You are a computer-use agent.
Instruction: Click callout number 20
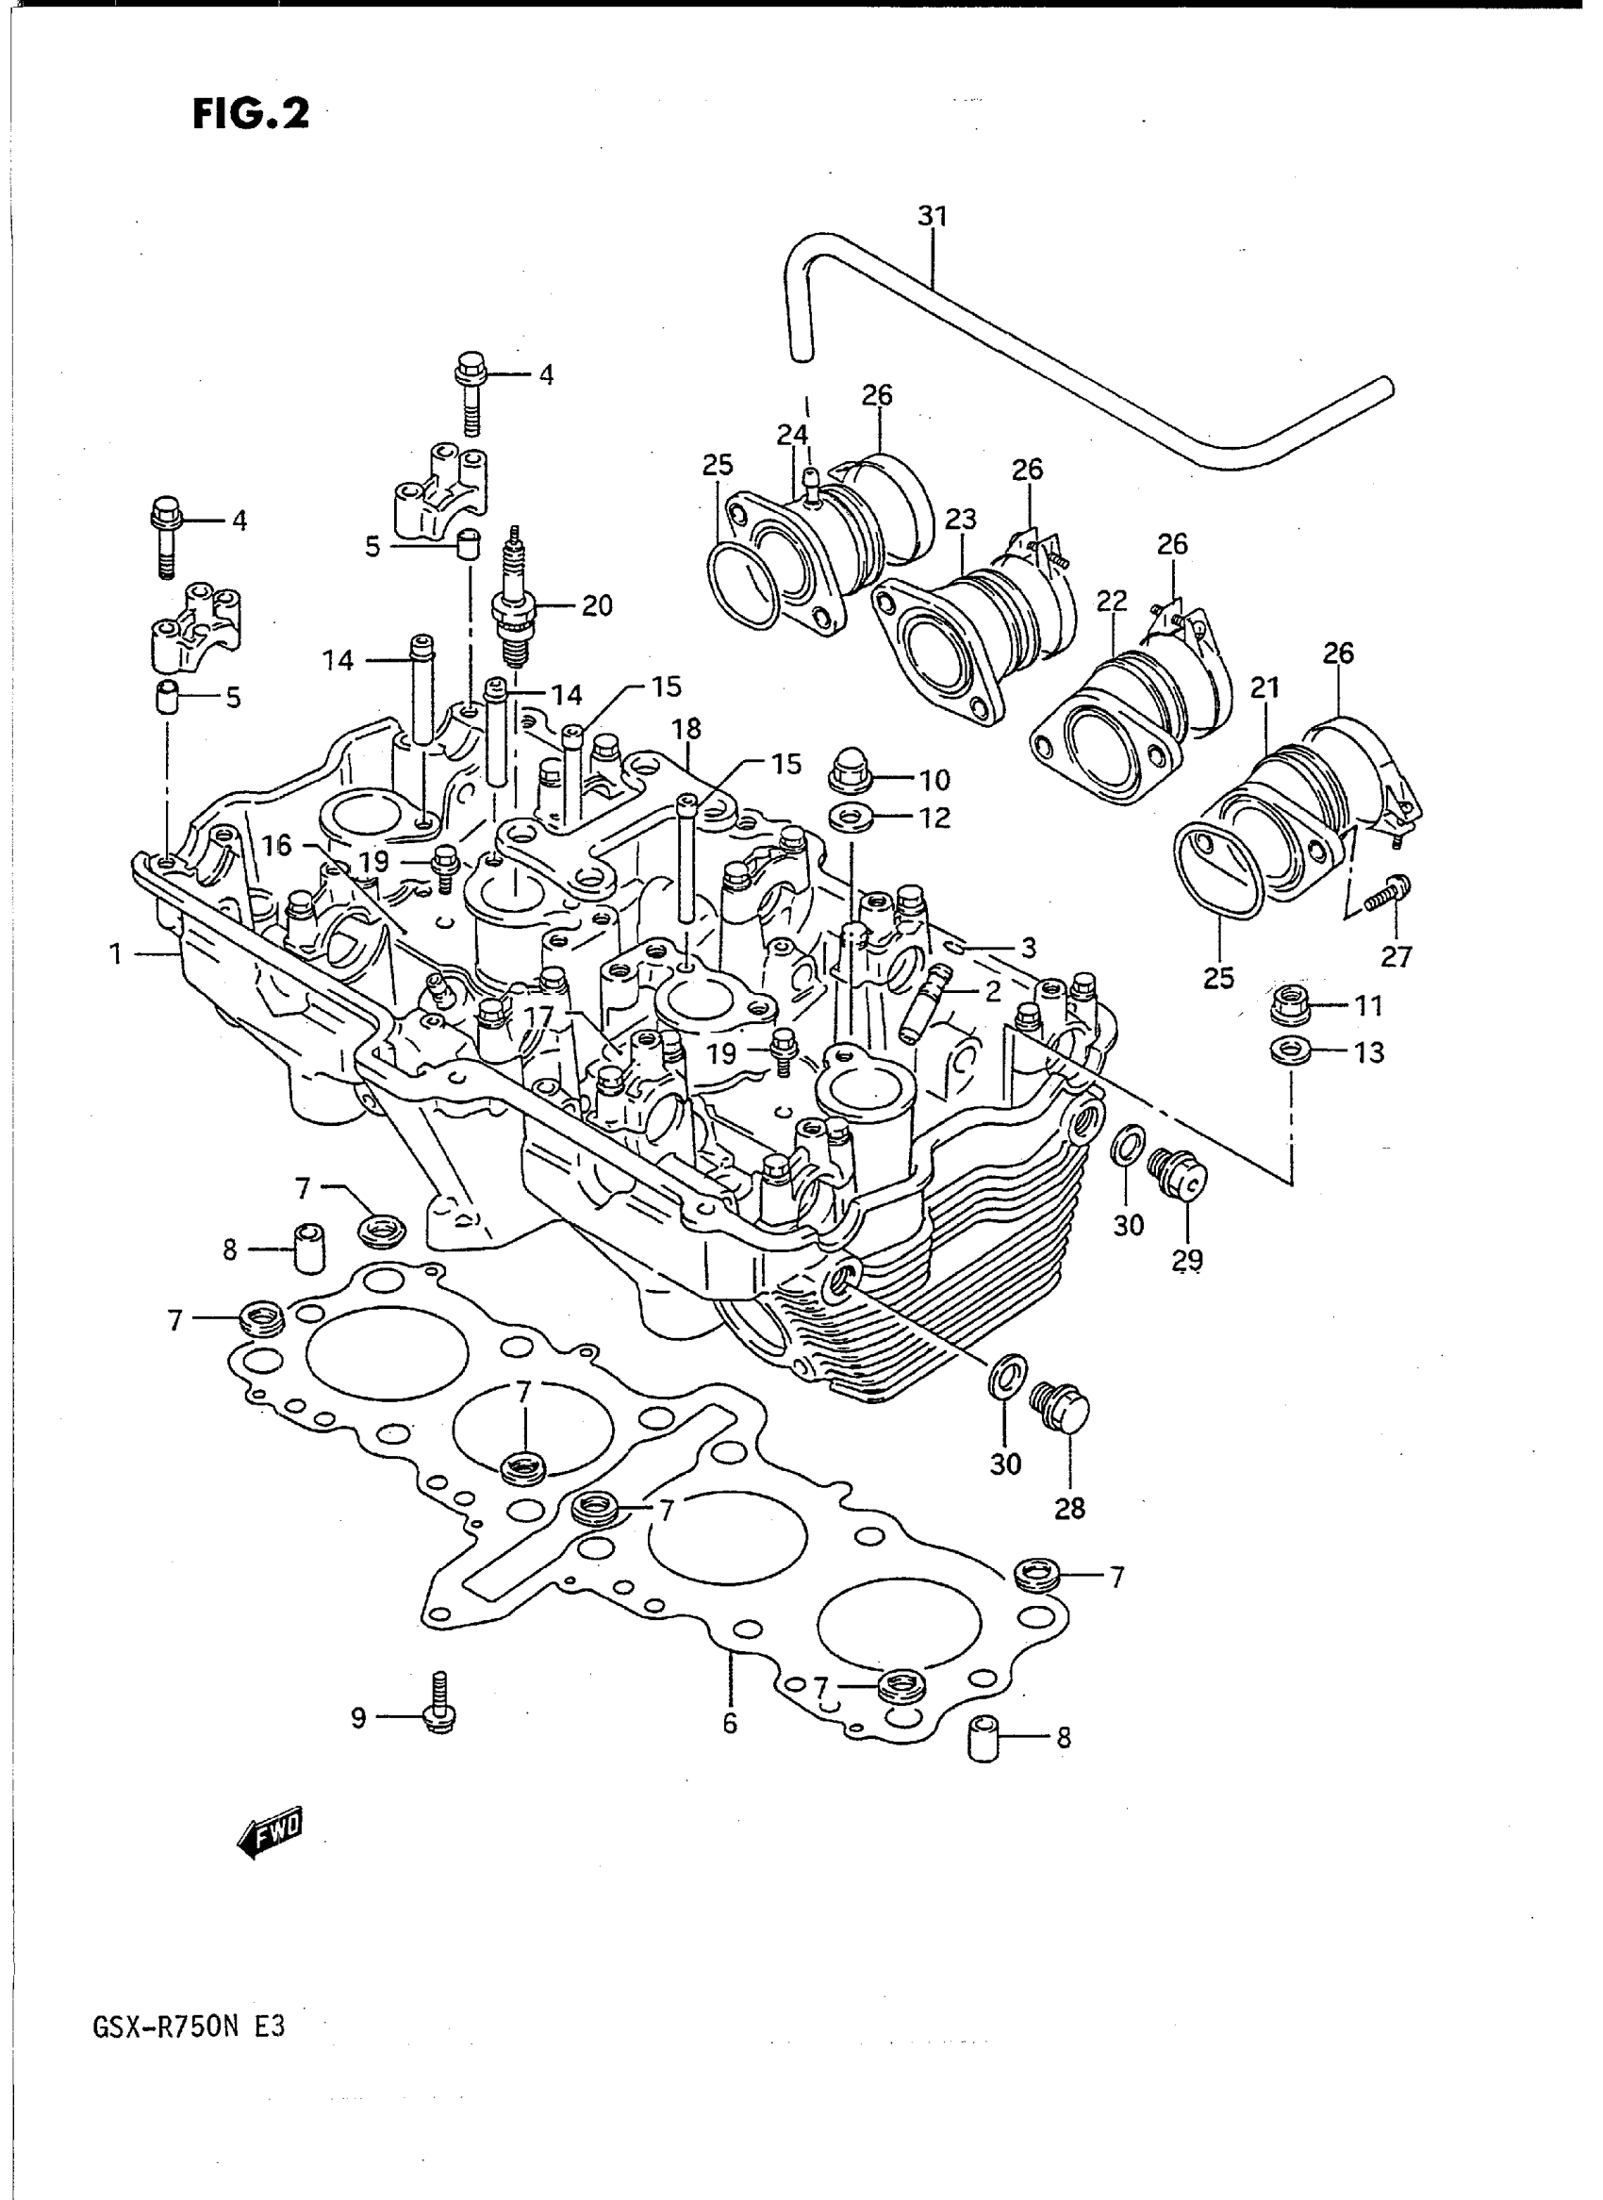(x=597, y=605)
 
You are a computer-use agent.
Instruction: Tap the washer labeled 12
(x=851, y=818)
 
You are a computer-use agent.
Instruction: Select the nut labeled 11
(x=1292, y=1004)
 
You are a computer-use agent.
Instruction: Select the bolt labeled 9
(x=439, y=1712)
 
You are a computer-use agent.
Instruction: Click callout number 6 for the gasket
(x=730, y=1723)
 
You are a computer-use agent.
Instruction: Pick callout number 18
(x=686, y=730)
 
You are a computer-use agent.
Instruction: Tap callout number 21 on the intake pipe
(x=1264, y=688)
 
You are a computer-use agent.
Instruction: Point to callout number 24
(x=792, y=436)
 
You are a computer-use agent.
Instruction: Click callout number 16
(x=276, y=846)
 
